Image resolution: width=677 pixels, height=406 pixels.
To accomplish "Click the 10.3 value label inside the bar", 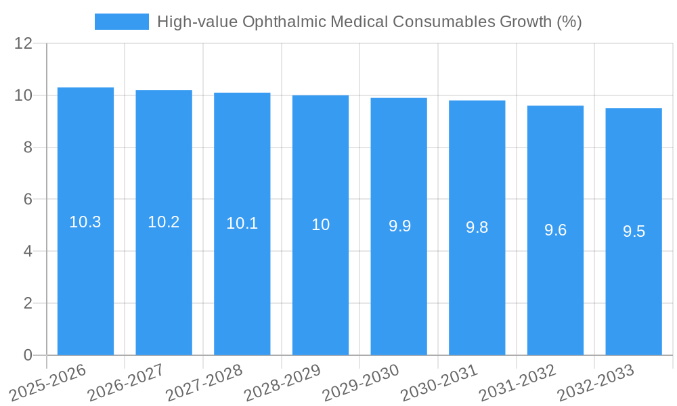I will (x=85, y=222).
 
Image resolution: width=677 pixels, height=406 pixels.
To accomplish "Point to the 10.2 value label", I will (x=164, y=222).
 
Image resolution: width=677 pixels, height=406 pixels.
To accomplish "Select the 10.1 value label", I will (x=242, y=223).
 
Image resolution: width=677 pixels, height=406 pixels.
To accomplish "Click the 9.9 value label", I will (x=399, y=226).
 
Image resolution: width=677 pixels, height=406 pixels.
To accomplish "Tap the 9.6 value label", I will (x=555, y=230).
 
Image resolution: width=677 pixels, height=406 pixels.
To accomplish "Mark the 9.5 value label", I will (x=634, y=231).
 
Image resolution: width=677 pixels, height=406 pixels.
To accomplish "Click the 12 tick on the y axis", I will (x=24, y=44).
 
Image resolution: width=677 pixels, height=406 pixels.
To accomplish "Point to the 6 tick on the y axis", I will (x=28, y=200).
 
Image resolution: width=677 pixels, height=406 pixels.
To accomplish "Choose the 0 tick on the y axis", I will (x=28, y=355).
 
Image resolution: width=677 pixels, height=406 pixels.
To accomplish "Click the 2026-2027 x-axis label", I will (x=126, y=382).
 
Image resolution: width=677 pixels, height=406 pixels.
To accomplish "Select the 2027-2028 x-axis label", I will (x=204, y=382).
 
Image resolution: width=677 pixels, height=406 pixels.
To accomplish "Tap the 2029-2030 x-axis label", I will (x=361, y=382).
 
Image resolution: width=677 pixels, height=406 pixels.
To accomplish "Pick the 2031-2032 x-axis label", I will (x=517, y=382).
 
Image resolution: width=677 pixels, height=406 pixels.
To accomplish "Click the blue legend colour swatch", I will (x=122, y=22).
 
